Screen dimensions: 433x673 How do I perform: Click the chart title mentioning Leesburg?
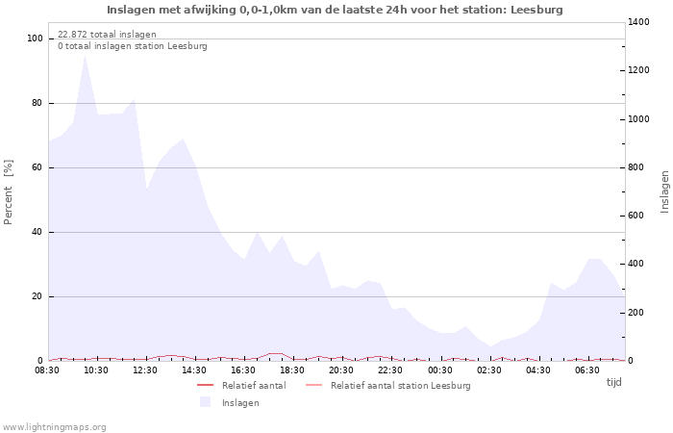tap(335, 10)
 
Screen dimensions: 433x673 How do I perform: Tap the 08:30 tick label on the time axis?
tap(47, 370)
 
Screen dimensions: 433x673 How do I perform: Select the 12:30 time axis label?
tap(145, 370)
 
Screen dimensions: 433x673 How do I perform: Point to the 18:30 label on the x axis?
tap(292, 370)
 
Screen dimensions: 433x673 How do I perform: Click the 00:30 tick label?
tap(439, 370)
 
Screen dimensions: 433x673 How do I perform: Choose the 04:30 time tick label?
tap(537, 370)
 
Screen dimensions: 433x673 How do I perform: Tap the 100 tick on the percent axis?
tap(36, 38)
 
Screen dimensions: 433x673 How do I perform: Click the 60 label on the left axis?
tap(38, 167)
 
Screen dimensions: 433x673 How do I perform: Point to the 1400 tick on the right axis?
tap(639, 22)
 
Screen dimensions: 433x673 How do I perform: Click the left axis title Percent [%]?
tap(9, 192)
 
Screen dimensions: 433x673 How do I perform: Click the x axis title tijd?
tap(613, 382)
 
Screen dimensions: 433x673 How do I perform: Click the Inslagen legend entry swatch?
tap(205, 402)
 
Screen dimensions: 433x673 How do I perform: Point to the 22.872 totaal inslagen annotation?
tap(107, 35)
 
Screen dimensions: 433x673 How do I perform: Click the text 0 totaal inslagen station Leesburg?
tap(132, 46)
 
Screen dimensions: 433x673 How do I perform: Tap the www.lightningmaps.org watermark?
tap(54, 427)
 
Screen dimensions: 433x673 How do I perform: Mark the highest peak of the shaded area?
tap(85, 56)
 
